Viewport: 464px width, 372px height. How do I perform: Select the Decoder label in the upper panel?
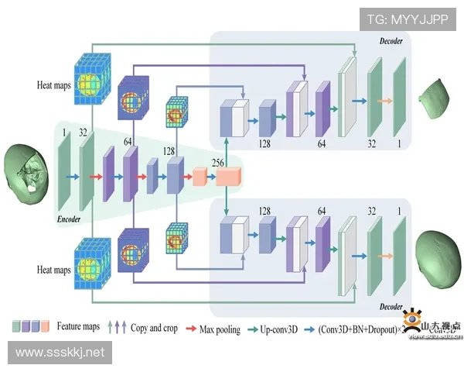[x=391, y=40]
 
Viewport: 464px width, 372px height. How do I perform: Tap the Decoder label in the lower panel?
[x=391, y=306]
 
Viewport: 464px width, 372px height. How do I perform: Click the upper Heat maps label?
[x=54, y=84]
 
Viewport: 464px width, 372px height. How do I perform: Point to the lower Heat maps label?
[x=54, y=270]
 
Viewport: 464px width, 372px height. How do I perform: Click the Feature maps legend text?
[x=78, y=329]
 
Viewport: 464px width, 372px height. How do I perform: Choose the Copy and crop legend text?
[x=154, y=329]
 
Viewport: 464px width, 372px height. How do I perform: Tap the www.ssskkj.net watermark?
[x=60, y=353]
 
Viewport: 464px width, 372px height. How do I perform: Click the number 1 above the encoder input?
[x=64, y=132]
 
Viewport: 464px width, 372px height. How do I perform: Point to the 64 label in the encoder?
[x=128, y=142]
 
